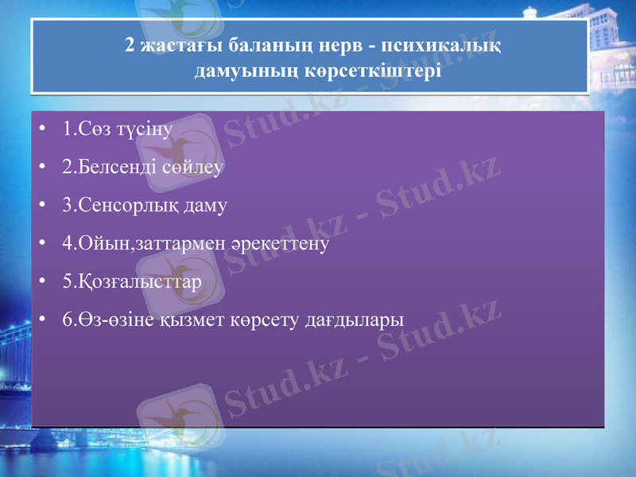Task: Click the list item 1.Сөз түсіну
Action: click(x=117, y=130)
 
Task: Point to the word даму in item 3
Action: click(x=207, y=206)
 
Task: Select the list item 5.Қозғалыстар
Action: click(x=131, y=282)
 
